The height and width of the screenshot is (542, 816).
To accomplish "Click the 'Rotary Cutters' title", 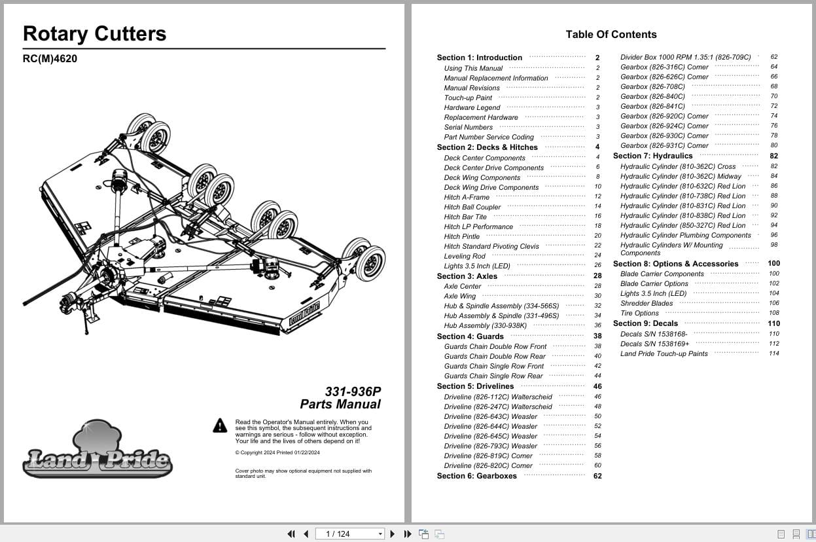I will [x=94, y=34].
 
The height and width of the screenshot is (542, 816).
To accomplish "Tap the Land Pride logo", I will [x=98, y=452].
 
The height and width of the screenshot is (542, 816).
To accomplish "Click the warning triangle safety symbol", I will [x=220, y=426].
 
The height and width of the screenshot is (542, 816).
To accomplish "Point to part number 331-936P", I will [x=353, y=391].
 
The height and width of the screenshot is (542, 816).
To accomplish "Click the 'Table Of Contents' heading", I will [x=611, y=35].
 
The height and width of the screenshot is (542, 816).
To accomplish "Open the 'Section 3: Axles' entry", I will [x=467, y=276].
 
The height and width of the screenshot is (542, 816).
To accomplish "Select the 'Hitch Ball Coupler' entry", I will [x=472, y=207].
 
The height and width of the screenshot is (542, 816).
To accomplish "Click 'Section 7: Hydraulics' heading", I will [x=652, y=156].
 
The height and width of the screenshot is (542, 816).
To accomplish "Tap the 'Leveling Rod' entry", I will [x=465, y=256].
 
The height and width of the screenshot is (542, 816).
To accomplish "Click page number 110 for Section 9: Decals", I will [x=773, y=323].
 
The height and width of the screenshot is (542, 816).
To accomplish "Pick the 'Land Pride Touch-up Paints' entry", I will [x=664, y=353].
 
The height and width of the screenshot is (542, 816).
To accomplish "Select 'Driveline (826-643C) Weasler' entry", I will [x=490, y=416].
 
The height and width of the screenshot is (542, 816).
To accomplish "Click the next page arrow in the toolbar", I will [x=393, y=533].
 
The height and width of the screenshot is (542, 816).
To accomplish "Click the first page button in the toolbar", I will [x=291, y=533].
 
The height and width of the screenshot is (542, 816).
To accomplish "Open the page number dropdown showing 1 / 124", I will [x=380, y=533].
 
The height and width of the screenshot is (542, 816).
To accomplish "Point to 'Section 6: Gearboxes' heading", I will [x=476, y=476].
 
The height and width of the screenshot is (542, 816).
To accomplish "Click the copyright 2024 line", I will [x=277, y=452].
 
